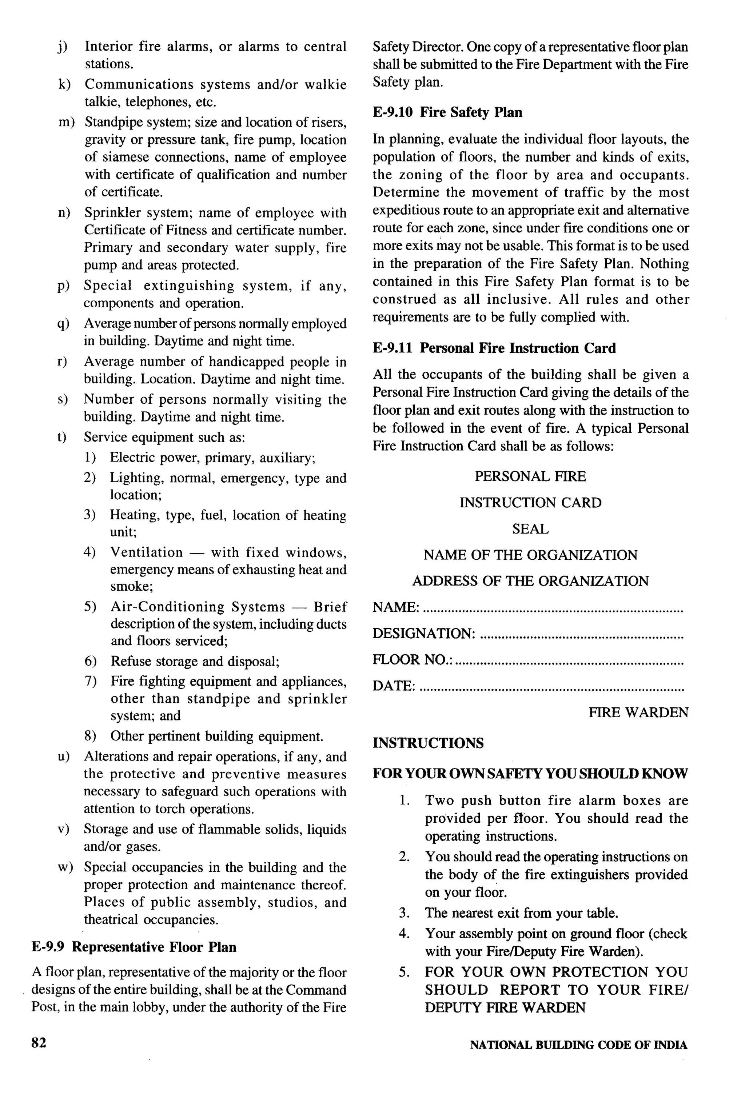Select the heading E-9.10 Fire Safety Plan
click(447, 113)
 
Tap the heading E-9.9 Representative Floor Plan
click(134, 947)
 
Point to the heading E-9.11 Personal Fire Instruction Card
click(494, 348)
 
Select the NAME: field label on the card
click(395, 607)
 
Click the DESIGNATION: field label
click(423, 634)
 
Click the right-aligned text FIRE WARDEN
click(638, 712)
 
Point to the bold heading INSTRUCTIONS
click(428, 743)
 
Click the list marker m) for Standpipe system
click(66, 123)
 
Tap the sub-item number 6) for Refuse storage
click(90, 661)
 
